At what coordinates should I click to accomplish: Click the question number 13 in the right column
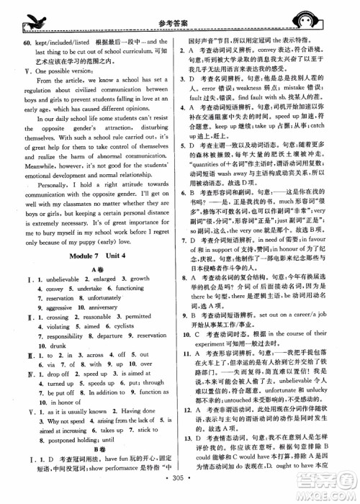click(189, 457)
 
